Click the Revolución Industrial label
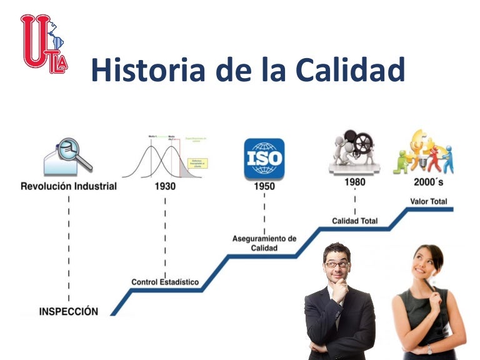click(x=69, y=186)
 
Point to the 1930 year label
click(x=165, y=186)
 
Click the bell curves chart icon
click(x=164, y=156)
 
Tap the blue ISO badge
click(x=264, y=158)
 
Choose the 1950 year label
click(x=264, y=186)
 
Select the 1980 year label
click(x=354, y=182)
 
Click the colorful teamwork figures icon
click(x=423, y=152)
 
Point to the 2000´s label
click(x=428, y=182)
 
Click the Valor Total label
click(x=428, y=201)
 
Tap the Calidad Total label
click(x=354, y=221)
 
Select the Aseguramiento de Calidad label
click(x=264, y=243)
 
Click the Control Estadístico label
click(x=165, y=282)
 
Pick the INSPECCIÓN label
click(x=69, y=311)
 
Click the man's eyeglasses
click(x=336, y=264)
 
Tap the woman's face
click(x=424, y=266)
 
